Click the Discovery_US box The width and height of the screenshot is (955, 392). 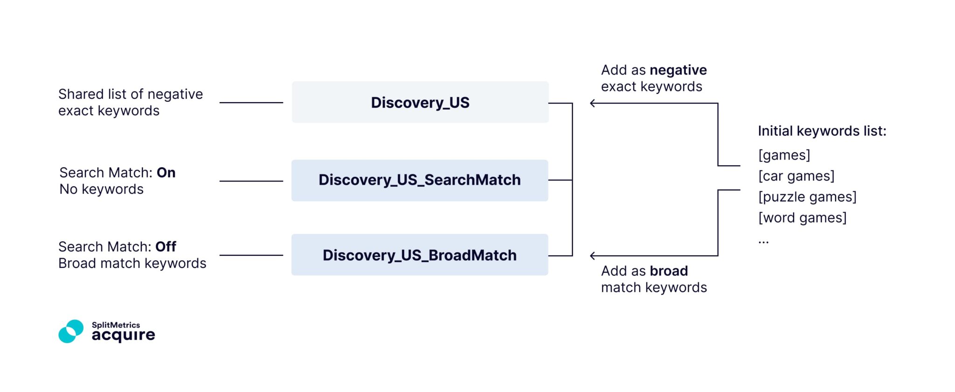click(x=420, y=102)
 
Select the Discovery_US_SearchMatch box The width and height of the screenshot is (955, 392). click(x=420, y=180)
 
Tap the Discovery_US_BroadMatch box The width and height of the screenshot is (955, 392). click(x=420, y=255)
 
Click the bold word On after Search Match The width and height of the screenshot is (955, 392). click(x=166, y=173)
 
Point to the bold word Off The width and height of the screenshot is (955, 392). click(x=166, y=246)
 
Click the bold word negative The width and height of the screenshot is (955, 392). click(x=678, y=70)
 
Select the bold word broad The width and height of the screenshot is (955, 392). click(x=669, y=271)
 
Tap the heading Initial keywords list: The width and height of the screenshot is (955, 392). click(x=822, y=131)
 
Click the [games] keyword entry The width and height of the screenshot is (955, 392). click(x=784, y=155)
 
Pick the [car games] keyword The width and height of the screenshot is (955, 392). click(x=796, y=176)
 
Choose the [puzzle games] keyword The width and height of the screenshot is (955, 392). click(x=807, y=197)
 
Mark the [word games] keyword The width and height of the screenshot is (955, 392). click(x=802, y=218)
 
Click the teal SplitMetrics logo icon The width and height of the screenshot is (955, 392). click(x=71, y=331)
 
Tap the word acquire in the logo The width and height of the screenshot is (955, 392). click(x=123, y=335)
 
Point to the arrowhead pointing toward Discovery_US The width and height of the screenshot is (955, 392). click(x=592, y=103)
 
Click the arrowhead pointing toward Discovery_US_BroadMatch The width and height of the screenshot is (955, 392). click(x=592, y=256)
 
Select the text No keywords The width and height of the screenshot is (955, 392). click(x=101, y=189)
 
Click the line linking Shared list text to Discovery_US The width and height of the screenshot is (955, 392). click(x=251, y=103)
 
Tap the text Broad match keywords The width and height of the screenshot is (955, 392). click(x=132, y=264)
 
